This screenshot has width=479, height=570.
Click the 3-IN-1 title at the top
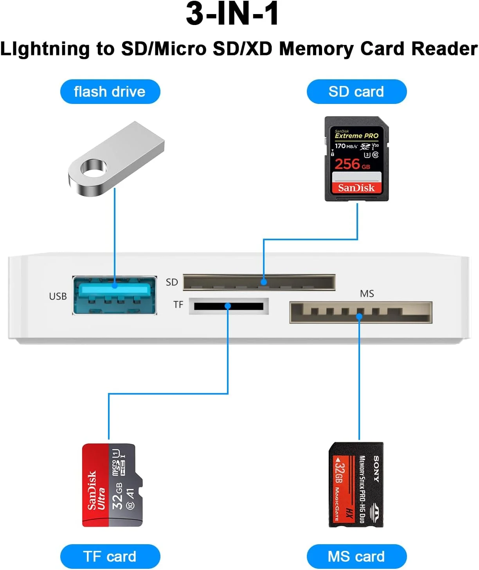(232, 14)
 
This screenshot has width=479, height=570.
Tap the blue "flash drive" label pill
(110, 92)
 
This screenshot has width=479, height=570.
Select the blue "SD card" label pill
(357, 92)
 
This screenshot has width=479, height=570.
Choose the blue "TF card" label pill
(110, 556)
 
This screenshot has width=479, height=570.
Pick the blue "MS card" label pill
(357, 556)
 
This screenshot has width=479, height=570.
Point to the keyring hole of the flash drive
(94, 168)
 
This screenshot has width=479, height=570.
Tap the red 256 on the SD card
(347, 164)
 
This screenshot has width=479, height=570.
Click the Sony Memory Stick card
(356, 485)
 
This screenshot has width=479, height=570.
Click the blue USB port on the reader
(115, 295)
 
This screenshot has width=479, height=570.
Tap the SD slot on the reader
(259, 282)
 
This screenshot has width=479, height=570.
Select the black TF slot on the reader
(229, 306)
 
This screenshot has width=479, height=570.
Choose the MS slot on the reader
(360, 313)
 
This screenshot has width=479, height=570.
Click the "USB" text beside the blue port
(58, 297)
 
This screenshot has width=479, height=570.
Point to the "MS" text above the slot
(367, 293)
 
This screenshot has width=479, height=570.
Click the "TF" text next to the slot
(178, 305)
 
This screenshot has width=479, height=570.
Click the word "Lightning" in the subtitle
(45, 49)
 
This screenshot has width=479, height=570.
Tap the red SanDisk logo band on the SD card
(357, 188)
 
